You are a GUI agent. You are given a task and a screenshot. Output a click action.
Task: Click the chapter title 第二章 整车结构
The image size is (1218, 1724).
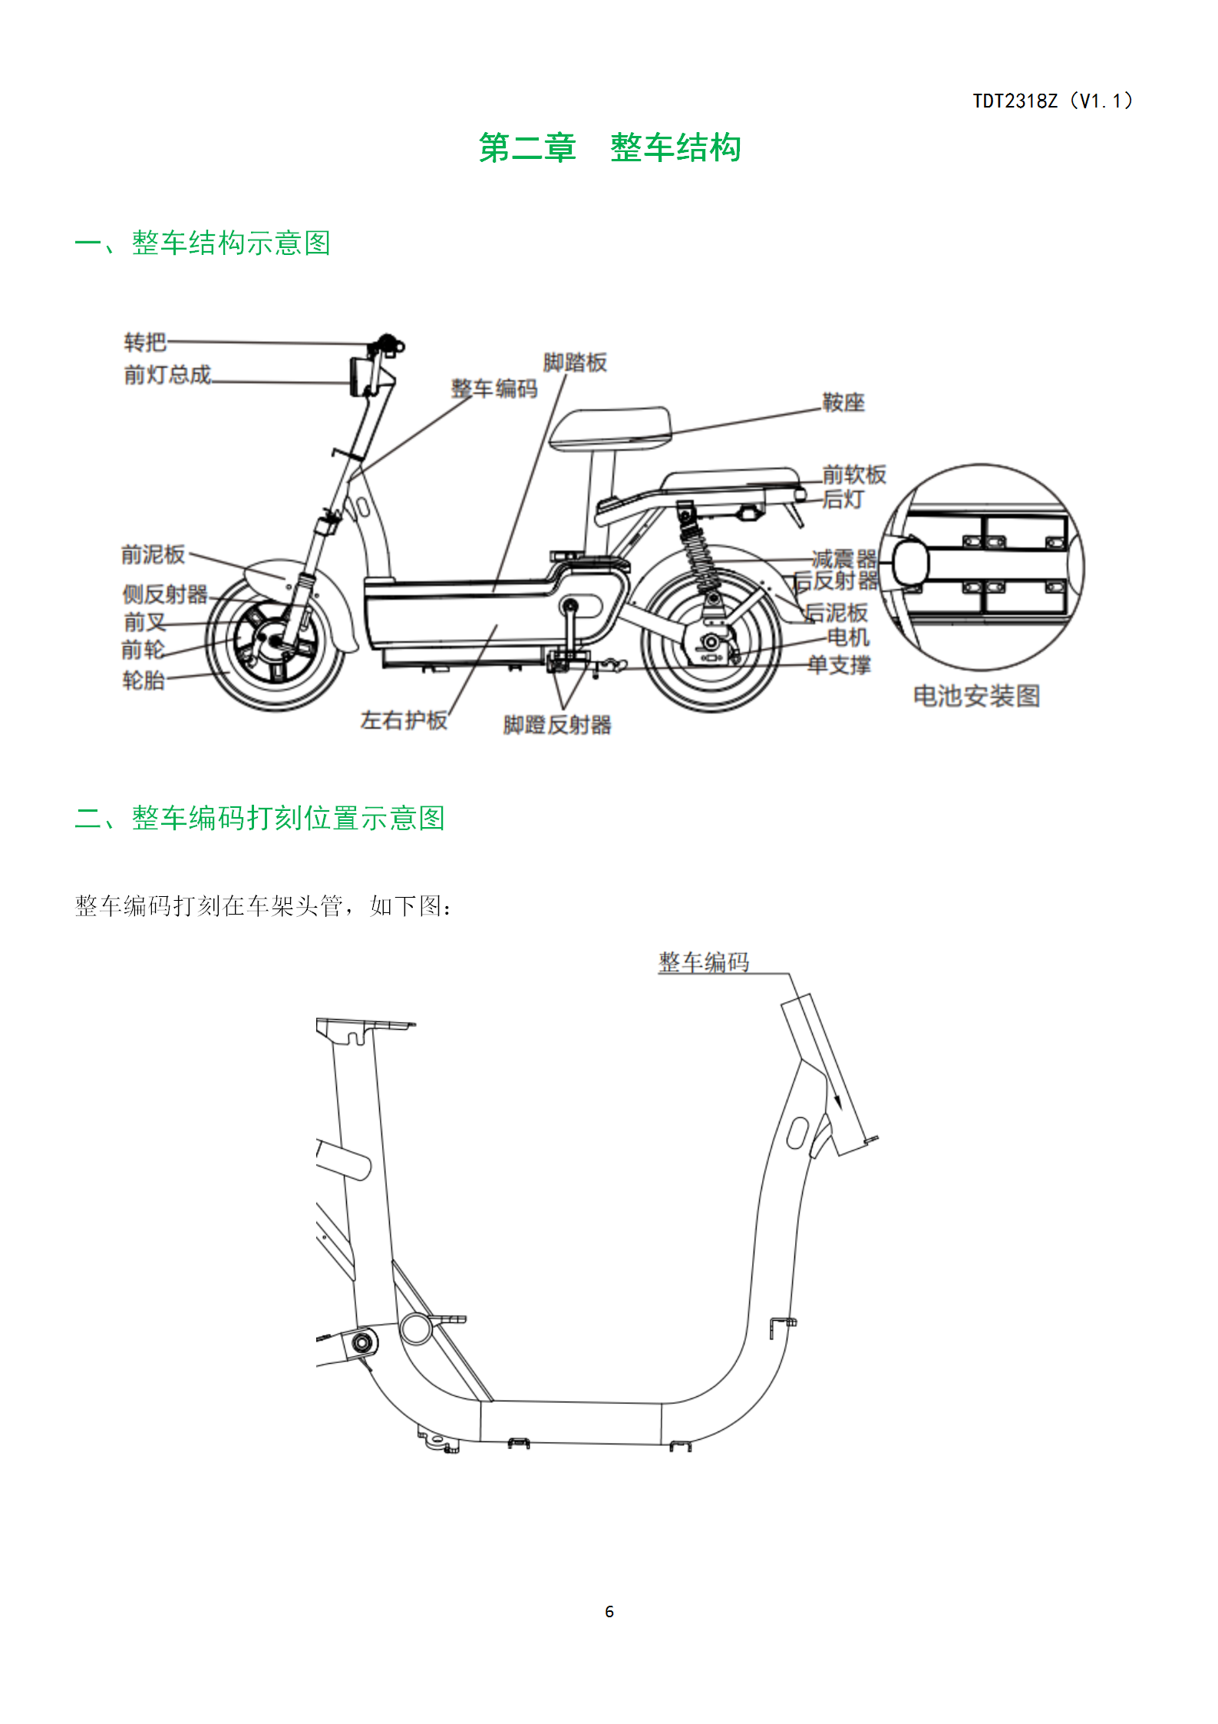[609, 147]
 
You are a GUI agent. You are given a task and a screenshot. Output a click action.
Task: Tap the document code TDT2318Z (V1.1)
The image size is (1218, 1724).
[1053, 101]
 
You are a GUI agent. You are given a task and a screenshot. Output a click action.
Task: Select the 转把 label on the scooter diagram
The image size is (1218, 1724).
[145, 342]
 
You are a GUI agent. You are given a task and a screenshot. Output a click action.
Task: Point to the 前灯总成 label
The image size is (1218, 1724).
[167, 375]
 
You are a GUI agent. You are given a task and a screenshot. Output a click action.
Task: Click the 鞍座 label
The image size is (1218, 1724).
[843, 402]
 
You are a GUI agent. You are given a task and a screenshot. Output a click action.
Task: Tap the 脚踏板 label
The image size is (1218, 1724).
[575, 362]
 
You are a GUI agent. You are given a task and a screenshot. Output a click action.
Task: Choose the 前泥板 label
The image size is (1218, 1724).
[153, 554]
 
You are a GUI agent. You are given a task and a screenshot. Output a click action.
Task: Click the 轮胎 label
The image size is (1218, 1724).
[144, 680]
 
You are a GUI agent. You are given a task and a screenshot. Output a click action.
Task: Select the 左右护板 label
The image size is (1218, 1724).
[404, 720]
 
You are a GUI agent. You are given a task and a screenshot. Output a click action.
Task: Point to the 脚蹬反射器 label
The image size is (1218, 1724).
[557, 725]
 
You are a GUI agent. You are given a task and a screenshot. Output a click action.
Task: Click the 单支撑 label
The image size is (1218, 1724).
[839, 665]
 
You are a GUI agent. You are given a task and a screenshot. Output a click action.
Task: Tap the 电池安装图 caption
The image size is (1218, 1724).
[976, 697]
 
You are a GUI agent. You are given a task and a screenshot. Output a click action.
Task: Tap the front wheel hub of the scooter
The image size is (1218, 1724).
[273, 640]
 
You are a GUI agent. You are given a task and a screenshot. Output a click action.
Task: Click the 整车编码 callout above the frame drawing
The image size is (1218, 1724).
[704, 962]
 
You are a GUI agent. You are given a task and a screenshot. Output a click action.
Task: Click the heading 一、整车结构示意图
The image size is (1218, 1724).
[203, 243]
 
